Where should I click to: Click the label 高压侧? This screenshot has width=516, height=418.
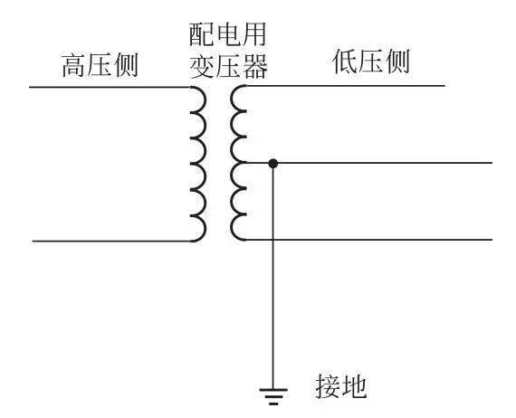point(100,65)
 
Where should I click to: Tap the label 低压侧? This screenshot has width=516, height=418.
point(371,62)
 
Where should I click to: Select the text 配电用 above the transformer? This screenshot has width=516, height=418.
point(227,34)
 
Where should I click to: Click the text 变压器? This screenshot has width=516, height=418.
point(228,66)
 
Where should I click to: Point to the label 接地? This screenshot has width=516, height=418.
point(341,386)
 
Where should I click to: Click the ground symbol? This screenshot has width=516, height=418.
point(273,396)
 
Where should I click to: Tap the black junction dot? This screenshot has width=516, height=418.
point(272,163)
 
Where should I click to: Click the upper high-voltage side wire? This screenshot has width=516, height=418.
point(110,87)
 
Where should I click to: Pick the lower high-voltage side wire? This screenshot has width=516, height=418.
point(111,241)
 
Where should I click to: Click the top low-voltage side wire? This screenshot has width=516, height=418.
point(346,86)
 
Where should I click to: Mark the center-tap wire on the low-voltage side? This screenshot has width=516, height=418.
point(369,163)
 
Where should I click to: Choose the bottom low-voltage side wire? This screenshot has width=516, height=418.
point(369,240)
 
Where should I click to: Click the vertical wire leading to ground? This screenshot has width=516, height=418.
point(272,276)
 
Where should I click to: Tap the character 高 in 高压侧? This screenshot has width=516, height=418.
point(74,65)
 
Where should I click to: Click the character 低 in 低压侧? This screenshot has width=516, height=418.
point(345,62)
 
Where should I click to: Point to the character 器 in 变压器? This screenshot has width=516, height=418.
point(254,66)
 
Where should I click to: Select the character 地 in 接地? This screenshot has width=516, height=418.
point(355,386)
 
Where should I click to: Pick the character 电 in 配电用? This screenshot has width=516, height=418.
point(227,34)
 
